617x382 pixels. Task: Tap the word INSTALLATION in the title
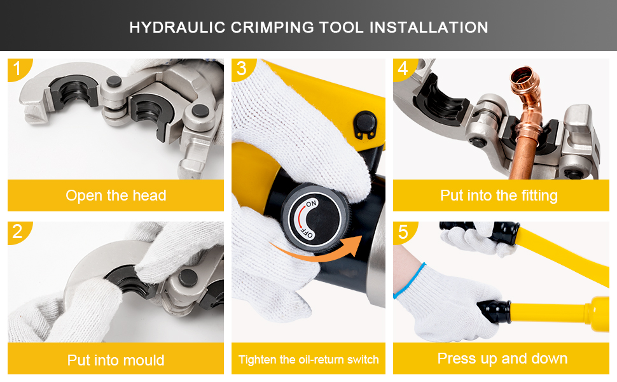click(429, 27)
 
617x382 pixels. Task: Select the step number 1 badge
click(18, 69)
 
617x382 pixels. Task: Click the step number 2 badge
click(18, 232)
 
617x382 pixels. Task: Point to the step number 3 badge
click(242, 69)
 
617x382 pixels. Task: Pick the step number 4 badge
click(404, 69)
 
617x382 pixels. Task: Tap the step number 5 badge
click(404, 232)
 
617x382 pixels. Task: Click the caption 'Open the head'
click(116, 195)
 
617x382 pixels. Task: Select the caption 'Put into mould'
click(116, 360)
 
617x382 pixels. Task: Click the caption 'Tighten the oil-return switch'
click(308, 360)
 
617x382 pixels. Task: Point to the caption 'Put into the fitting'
click(499, 195)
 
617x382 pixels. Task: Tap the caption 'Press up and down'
click(503, 358)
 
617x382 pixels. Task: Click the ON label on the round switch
click(311, 204)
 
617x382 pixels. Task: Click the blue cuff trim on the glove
click(409, 279)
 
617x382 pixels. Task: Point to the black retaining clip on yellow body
click(364, 124)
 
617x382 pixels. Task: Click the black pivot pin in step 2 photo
click(188, 278)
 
